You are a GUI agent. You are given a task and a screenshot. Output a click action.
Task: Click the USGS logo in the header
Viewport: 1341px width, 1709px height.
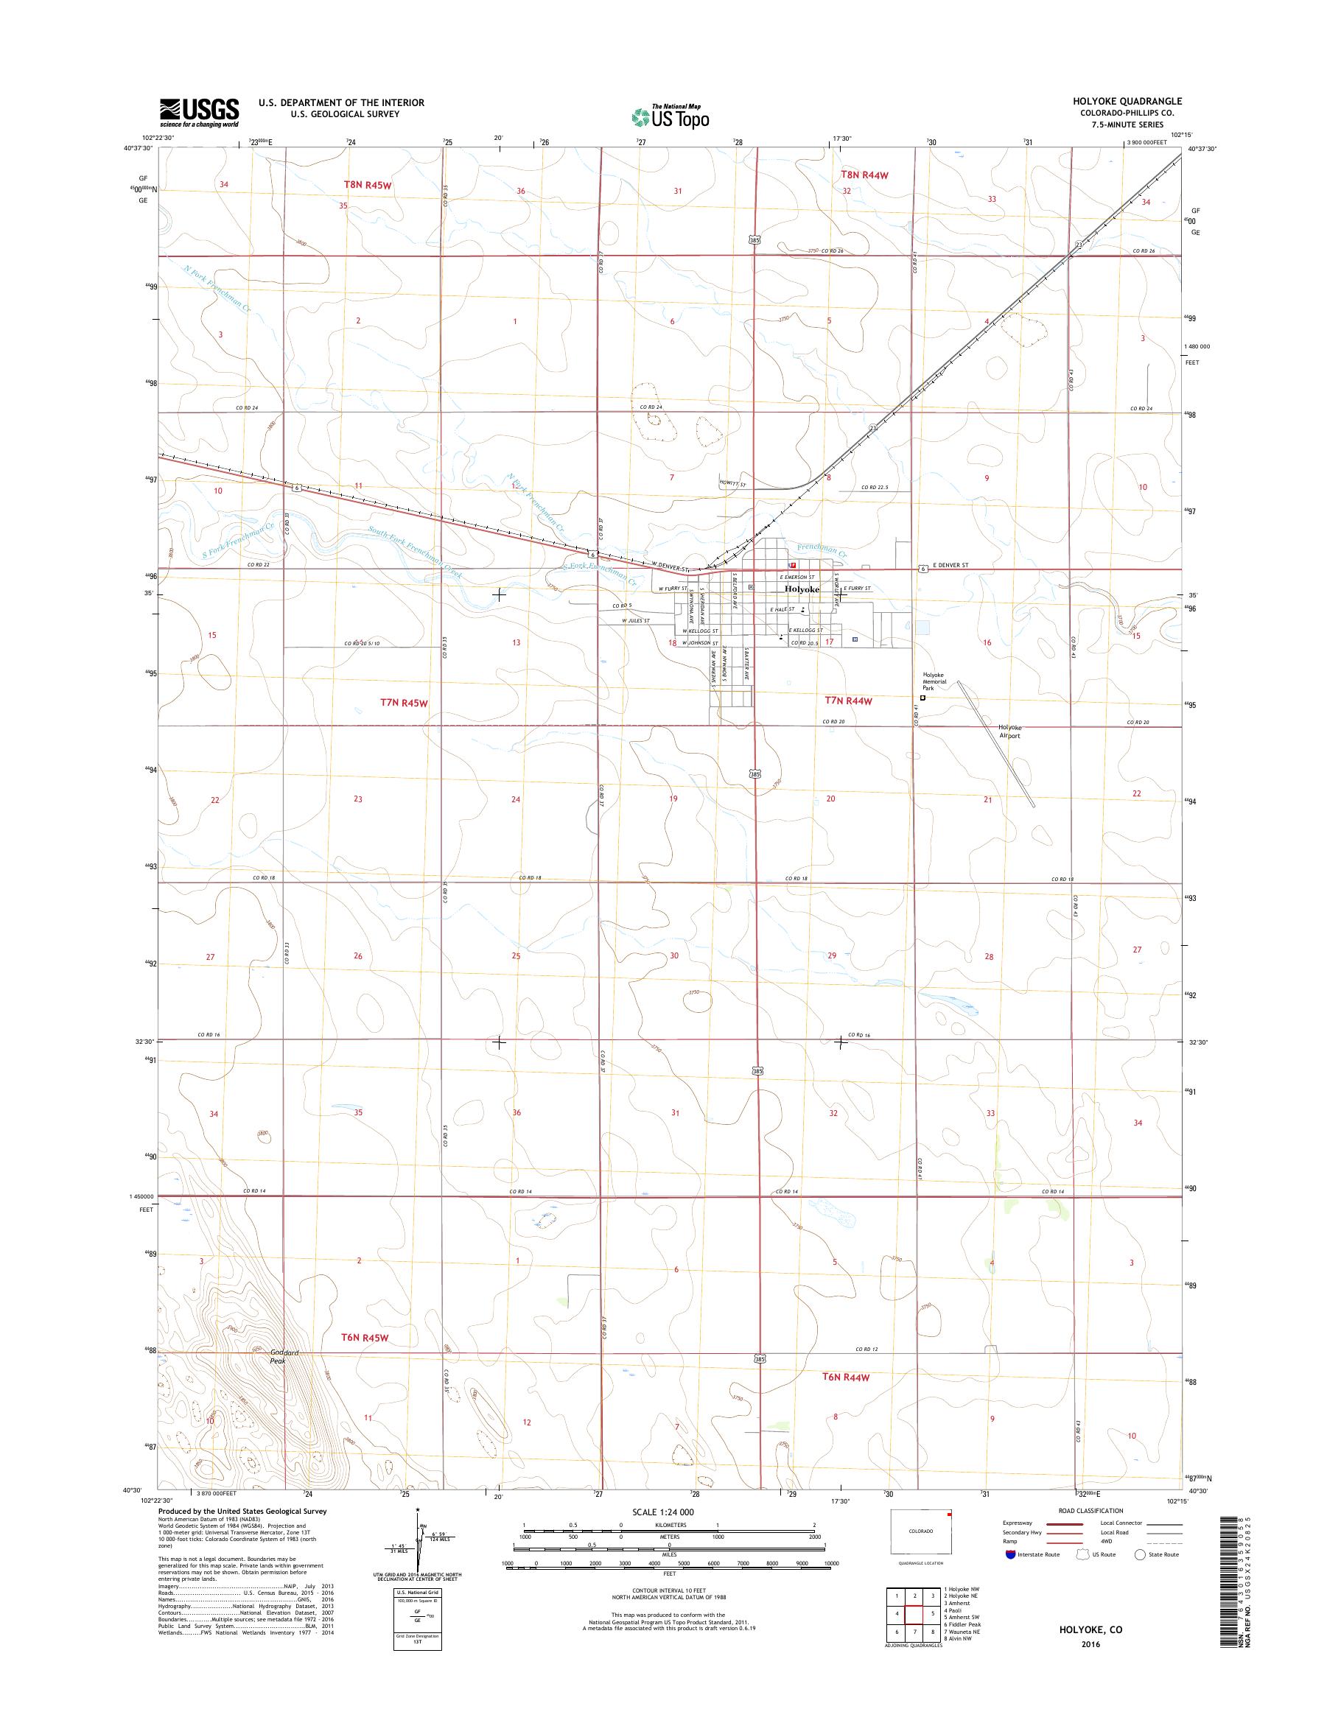(x=200, y=112)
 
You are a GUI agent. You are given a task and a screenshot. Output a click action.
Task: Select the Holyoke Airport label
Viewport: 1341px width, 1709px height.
(x=1009, y=731)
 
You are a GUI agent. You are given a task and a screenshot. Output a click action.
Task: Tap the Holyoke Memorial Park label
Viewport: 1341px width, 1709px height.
(x=934, y=681)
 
